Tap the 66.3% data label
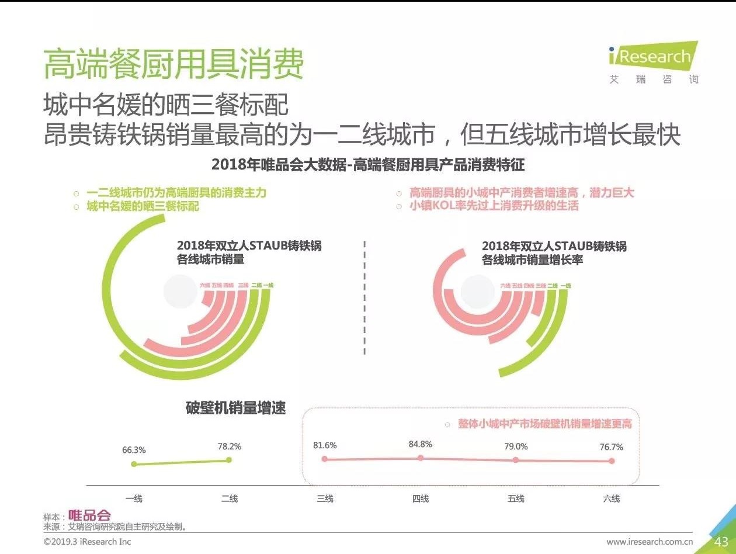(x=134, y=450)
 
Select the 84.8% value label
(x=421, y=444)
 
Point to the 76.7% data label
(x=612, y=447)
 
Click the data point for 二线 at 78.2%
(x=229, y=460)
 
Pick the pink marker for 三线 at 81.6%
(x=325, y=459)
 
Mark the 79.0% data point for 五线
(x=516, y=460)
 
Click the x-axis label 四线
(x=421, y=498)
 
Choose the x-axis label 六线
(x=612, y=498)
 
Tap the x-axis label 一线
(x=134, y=498)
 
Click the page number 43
(x=721, y=542)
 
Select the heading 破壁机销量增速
(x=235, y=408)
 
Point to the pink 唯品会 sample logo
(x=89, y=515)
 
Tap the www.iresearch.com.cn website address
(x=650, y=542)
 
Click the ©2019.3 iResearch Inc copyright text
(x=88, y=542)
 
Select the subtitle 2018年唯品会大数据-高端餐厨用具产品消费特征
(x=368, y=165)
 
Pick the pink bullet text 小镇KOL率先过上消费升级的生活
(x=494, y=206)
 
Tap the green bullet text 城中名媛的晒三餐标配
(x=143, y=206)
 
